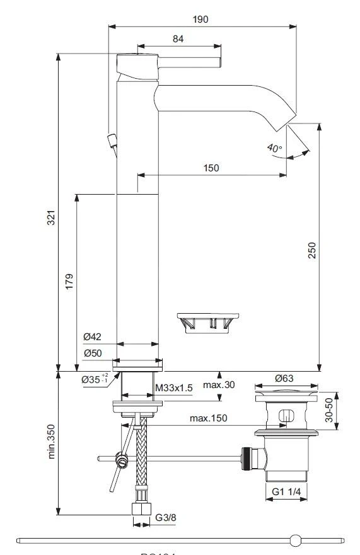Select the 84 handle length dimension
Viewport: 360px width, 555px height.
pos(178,39)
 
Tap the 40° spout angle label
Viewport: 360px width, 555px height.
pos(274,149)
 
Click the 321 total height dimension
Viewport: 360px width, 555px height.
pos(52,217)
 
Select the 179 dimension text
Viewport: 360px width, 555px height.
pos(69,280)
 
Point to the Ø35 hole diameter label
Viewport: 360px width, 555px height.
pos(95,379)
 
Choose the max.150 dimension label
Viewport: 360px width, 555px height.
pos(208,418)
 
